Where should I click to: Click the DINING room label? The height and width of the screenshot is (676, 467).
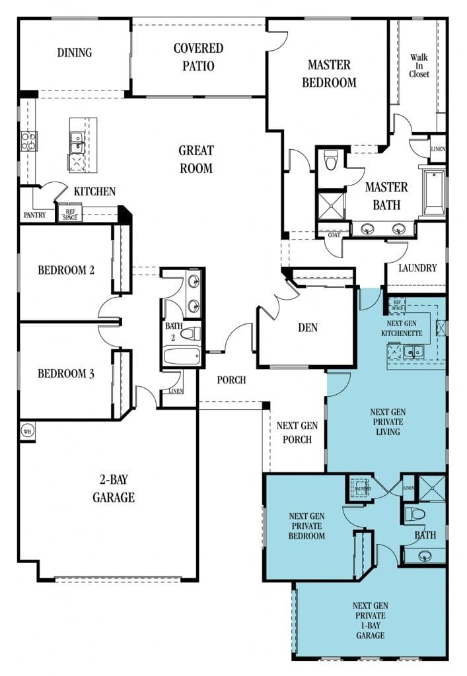(74, 53)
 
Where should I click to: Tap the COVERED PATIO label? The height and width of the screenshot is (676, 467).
(198, 57)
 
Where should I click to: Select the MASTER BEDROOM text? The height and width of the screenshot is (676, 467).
(329, 73)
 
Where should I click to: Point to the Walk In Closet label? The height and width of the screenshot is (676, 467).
(419, 66)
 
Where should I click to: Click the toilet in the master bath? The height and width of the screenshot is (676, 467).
(331, 159)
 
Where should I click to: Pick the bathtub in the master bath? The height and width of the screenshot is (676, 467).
(435, 192)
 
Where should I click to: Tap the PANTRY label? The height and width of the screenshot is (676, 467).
(34, 215)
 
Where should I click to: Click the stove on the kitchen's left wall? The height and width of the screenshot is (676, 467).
(29, 141)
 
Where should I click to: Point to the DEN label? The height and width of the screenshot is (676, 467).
(308, 328)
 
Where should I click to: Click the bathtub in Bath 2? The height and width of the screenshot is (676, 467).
(182, 357)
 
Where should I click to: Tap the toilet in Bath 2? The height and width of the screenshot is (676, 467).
(190, 334)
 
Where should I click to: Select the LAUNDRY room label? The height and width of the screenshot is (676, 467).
(417, 268)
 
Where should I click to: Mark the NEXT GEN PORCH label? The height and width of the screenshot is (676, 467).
(297, 432)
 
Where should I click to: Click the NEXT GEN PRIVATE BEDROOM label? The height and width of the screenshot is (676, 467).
(306, 526)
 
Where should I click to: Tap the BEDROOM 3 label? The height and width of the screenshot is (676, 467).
(65, 374)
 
